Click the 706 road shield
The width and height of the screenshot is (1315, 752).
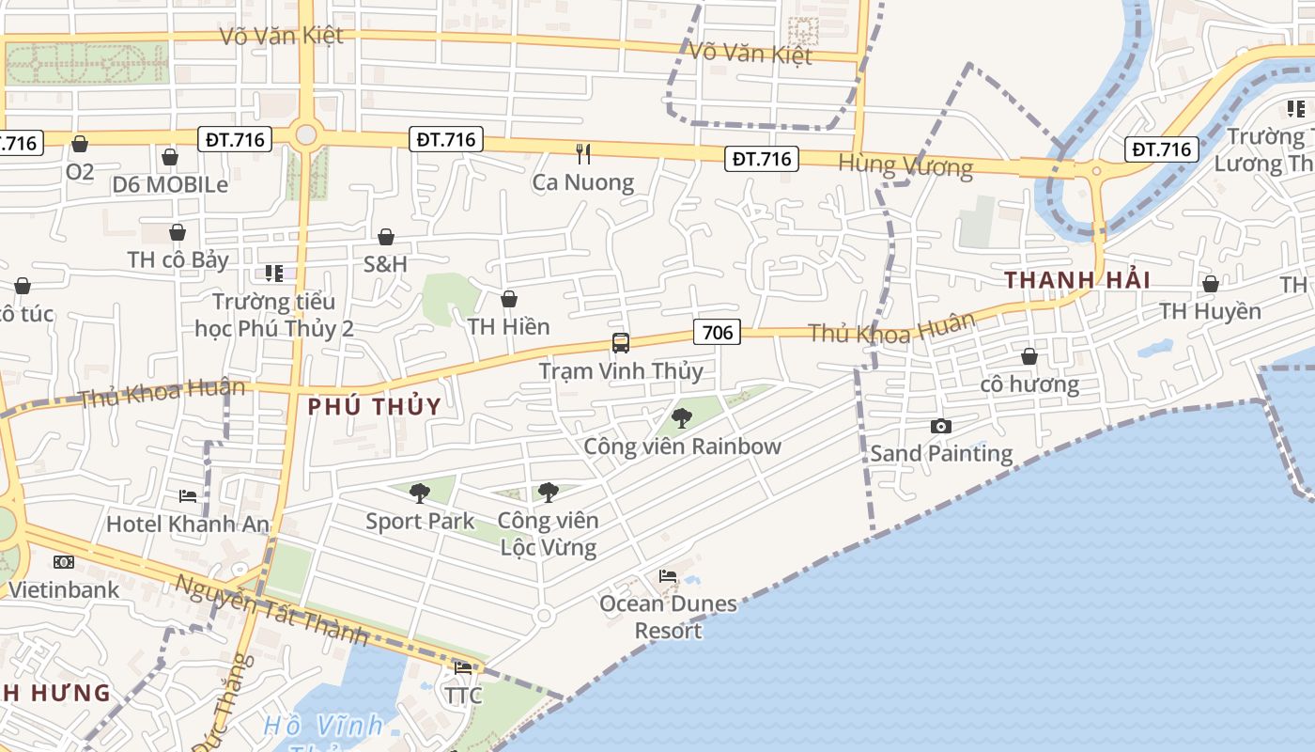(x=717, y=332)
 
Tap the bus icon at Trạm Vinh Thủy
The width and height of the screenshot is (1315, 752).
(x=621, y=343)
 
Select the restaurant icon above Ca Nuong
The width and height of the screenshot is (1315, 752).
(x=583, y=153)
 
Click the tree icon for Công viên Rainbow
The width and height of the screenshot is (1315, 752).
(x=682, y=417)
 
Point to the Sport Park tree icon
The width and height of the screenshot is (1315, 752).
(x=420, y=493)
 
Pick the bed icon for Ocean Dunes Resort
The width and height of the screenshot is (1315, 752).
(x=668, y=575)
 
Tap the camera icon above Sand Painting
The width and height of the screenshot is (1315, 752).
(x=940, y=427)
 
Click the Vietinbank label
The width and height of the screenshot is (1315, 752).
(x=64, y=589)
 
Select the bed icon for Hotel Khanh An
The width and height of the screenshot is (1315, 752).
(x=188, y=495)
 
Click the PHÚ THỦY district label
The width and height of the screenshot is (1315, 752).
(x=375, y=407)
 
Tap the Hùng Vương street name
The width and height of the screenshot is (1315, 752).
(x=905, y=165)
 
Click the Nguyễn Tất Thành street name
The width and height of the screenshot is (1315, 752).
(x=272, y=609)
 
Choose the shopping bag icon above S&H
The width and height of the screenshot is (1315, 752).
(x=385, y=236)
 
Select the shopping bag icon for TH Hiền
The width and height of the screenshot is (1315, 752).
(x=508, y=299)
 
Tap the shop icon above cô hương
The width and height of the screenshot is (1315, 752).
(x=1029, y=356)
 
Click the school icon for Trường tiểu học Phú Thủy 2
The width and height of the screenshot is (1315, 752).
(x=273, y=274)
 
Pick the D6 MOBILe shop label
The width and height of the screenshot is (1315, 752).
(x=170, y=184)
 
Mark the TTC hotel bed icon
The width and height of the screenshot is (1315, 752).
(x=463, y=668)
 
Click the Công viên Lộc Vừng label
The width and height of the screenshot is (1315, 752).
(x=548, y=533)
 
